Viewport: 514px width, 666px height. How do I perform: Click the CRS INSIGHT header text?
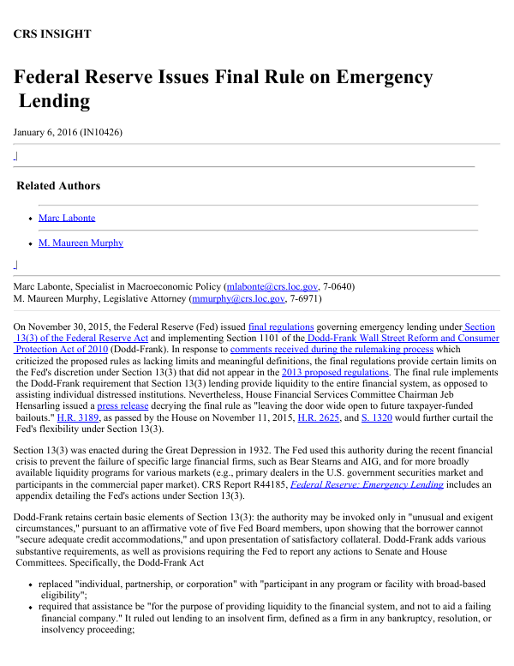(x=52, y=34)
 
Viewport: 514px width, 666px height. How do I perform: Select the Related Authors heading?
(x=58, y=186)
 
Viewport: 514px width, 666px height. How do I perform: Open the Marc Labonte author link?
(x=67, y=218)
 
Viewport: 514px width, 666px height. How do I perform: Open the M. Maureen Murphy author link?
(x=81, y=243)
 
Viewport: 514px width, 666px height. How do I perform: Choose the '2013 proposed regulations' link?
(x=336, y=372)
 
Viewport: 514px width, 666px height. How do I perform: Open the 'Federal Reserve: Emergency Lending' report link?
(x=380, y=485)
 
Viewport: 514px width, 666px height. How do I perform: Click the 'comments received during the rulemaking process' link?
(x=345, y=350)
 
